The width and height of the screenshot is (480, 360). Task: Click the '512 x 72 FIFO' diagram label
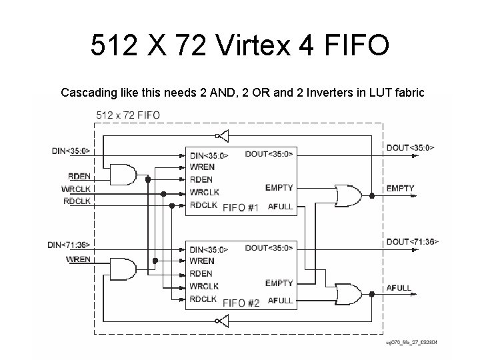[x=128, y=115]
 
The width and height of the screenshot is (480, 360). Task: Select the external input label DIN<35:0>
[x=71, y=151]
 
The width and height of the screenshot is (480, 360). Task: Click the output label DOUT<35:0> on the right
[x=409, y=147]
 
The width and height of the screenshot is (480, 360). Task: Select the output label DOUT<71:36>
[x=412, y=241]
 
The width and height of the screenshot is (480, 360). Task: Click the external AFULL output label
[x=399, y=288]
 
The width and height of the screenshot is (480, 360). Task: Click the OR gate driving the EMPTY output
[x=347, y=195]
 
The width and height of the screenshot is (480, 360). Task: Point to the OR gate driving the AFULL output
[x=347, y=294]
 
